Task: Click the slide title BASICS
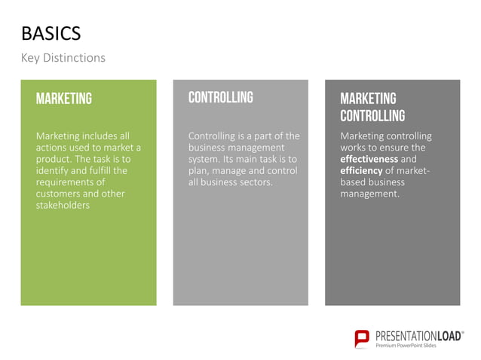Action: tap(51, 34)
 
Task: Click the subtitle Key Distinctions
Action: tap(63, 58)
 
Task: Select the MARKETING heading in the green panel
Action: tap(64, 99)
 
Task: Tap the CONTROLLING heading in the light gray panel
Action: tap(220, 97)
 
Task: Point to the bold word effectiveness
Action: tap(369, 160)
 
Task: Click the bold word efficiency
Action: tap(361, 171)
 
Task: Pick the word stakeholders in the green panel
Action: tap(63, 205)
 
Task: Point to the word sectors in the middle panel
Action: tap(255, 182)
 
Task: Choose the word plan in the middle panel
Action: tap(198, 171)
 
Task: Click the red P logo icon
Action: tap(363, 339)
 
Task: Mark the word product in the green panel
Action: tap(55, 160)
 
